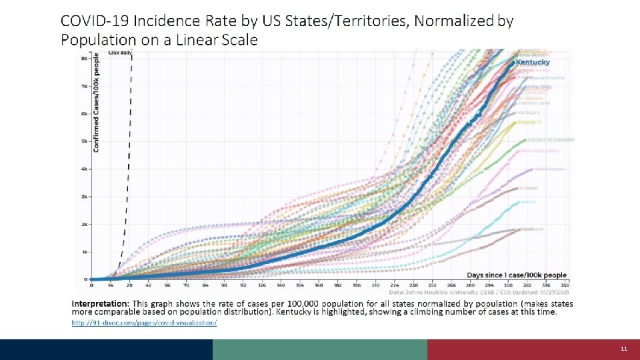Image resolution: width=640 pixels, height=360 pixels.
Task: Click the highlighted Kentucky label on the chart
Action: click(x=533, y=63)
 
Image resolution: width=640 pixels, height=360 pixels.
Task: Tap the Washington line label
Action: click(x=549, y=169)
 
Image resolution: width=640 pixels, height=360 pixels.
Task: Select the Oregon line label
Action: click(x=528, y=188)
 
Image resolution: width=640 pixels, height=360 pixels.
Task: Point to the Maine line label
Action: click(x=528, y=201)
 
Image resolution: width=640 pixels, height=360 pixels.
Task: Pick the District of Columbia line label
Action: click(x=551, y=140)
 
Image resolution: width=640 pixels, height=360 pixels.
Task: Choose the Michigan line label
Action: click(x=529, y=113)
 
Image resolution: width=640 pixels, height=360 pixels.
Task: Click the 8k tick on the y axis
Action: click(x=84, y=59)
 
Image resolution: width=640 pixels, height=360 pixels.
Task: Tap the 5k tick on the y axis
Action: click(x=84, y=141)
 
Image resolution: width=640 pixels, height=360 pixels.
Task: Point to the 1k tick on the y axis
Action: click(x=84, y=252)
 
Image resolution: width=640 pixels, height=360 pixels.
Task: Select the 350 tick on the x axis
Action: click(x=564, y=285)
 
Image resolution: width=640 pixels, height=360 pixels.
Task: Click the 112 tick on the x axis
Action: click(x=243, y=285)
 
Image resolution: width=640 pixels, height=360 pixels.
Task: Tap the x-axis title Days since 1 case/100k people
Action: click(x=517, y=275)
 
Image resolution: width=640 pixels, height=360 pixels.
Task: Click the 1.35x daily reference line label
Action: click(x=119, y=53)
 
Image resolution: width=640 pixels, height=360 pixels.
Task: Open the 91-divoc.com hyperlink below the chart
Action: click(x=144, y=323)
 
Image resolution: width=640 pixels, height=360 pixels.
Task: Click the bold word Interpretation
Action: click(x=101, y=303)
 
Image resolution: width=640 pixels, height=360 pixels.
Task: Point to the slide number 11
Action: click(x=624, y=349)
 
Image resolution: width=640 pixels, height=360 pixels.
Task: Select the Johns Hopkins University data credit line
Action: click(x=478, y=292)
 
